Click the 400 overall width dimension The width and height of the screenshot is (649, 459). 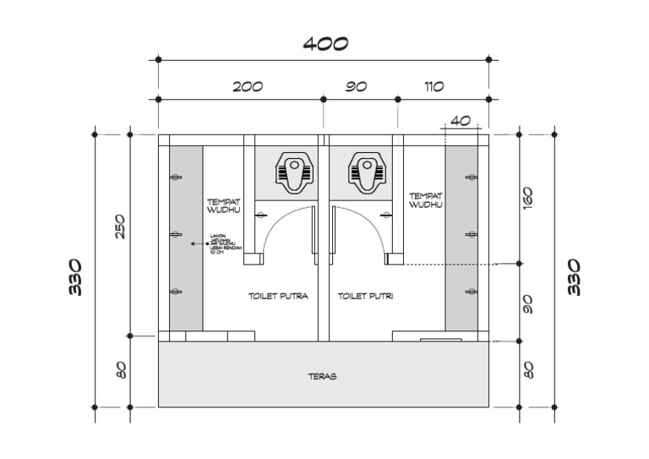pos(325,44)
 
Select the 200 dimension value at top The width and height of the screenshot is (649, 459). pos(248,86)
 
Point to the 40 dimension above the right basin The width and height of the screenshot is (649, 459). pos(460,121)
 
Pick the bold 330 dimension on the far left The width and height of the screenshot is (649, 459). pos(76,276)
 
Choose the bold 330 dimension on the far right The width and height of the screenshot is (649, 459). pos(574,276)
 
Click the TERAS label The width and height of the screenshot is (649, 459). pos(322,376)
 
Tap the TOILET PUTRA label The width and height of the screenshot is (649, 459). pos(277,297)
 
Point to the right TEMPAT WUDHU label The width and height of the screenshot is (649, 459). pos(426,199)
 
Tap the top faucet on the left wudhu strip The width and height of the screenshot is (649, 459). pos(176,177)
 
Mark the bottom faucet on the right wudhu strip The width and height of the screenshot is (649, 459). pos(471,292)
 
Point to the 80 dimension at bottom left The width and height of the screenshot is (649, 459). pos(120,369)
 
